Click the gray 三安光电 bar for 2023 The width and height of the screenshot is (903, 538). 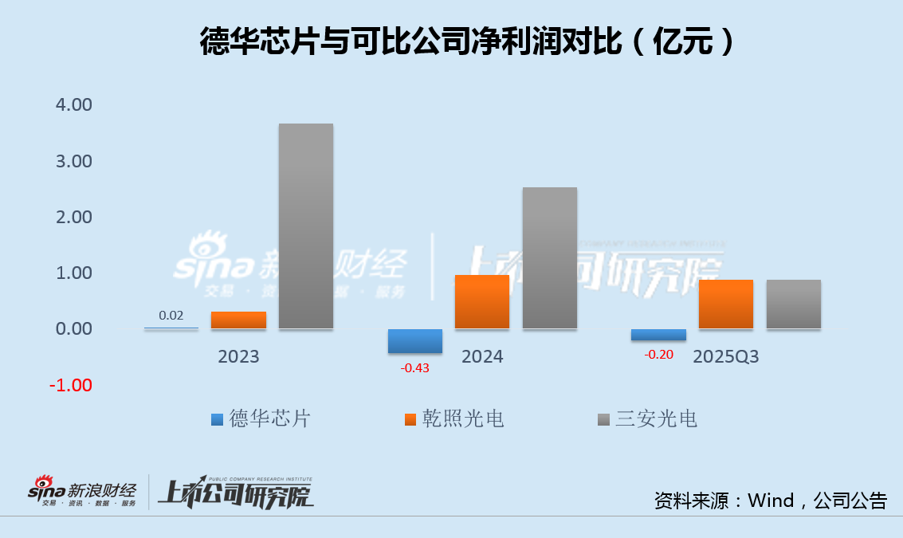(x=305, y=226)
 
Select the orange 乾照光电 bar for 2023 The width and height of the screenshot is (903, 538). (x=238, y=320)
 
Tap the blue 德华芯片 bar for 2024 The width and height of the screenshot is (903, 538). (x=414, y=340)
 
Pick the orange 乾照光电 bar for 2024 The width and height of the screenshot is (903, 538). (x=481, y=301)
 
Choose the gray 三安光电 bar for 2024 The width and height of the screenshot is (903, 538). (x=549, y=258)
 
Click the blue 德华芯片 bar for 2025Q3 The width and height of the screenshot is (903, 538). (x=658, y=335)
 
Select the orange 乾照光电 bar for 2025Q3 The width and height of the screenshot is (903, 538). (x=725, y=304)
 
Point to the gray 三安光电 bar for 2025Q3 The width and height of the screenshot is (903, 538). (x=793, y=304)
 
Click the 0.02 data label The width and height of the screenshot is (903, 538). (x=171, y=316)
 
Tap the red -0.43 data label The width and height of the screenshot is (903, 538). (x=414, y=367)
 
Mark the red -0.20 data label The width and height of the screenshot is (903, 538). (x=658, y=355)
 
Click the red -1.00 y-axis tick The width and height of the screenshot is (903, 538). (x=71, y=385)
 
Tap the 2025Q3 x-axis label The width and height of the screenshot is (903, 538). (x=725, y=356)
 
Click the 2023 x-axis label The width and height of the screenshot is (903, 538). (x=238, y=356)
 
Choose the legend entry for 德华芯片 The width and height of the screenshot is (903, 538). (x=261, y=418)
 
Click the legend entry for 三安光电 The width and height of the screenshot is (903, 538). (x=647, y=418)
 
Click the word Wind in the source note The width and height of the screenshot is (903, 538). (x=771, y=501)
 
